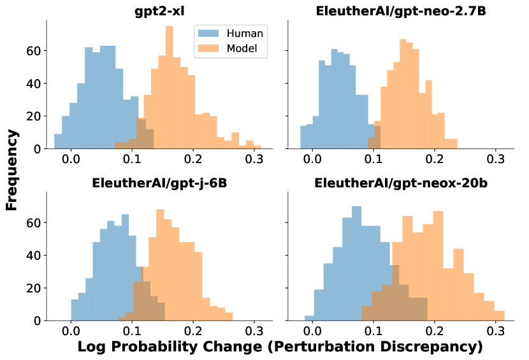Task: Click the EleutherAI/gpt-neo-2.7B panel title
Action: coord(400,11)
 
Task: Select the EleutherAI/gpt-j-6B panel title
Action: coord(160,184)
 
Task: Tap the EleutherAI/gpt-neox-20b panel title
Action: coord(400,184)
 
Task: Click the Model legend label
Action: coord(245,49)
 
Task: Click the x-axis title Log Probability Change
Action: coord(280,347)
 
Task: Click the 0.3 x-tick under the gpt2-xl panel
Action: coord(254,159)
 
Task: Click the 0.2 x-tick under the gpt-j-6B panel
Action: coord(193,331)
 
